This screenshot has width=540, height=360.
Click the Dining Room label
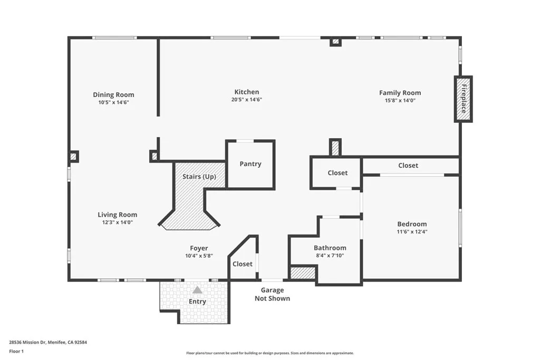tap(113, 95)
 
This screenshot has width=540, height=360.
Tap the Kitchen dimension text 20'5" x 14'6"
tap(247, 100)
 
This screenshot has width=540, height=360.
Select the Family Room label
tap(400, 93)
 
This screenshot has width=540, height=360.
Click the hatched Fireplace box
tap(464, 99)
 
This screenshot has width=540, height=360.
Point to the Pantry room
tap(250, 164)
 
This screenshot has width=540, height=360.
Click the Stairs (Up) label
tap(199, 177)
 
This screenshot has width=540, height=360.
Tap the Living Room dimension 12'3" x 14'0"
tap(117, 222)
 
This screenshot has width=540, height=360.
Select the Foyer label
tap(199, 248)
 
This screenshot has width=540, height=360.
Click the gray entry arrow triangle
tap(197, 290)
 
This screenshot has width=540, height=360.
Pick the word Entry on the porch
tap(197, 301)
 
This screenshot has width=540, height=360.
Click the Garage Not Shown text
tap(272, 294)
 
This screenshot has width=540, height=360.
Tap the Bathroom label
tap(330, 248)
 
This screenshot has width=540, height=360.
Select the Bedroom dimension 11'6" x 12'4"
tap(412, 231)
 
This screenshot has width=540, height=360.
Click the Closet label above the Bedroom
tap(408, 166)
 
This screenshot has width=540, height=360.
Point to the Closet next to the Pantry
tap(337, 173)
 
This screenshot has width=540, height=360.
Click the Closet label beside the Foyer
tap(242, 264)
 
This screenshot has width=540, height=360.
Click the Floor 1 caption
tap(16, 351)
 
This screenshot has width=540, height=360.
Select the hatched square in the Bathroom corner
tap(303, 273)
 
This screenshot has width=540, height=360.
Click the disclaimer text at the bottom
tap(269, 353)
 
